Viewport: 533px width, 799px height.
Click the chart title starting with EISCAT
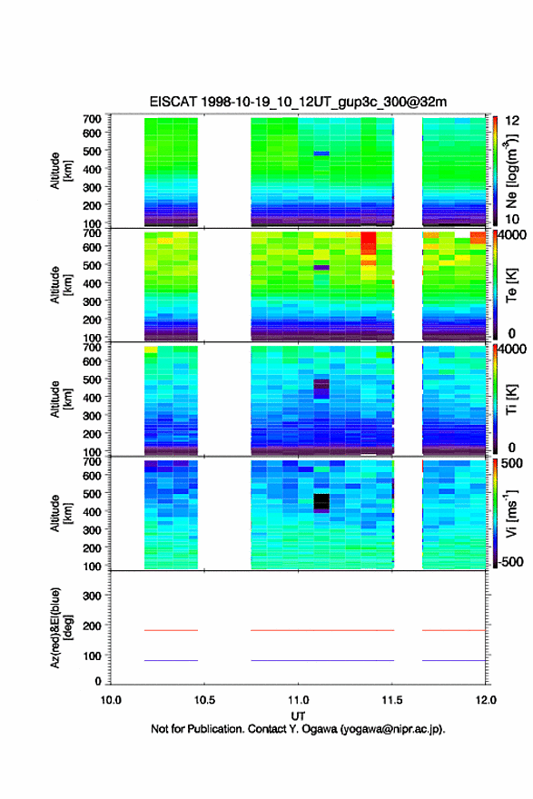(298, 102)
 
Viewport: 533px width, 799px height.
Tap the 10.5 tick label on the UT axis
(204, 700)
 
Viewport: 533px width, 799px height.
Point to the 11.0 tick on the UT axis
(298, 700)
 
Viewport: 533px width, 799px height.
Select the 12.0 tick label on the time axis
(486, 700)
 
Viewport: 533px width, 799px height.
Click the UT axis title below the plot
(298, 716)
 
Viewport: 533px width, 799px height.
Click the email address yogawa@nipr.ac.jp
(391, 729)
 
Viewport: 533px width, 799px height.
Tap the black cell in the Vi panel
(321, 502)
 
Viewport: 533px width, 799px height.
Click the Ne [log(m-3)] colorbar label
(511, 172)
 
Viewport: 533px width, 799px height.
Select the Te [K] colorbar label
(511, 285)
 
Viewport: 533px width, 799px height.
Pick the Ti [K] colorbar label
(511, 399)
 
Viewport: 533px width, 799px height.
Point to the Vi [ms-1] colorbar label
(511, 514)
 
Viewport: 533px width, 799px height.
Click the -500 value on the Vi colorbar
(510, 561)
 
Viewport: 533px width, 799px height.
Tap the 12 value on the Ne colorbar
(512, 121)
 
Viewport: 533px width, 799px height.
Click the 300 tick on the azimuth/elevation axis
(92, 596)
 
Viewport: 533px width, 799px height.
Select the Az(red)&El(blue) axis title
(61, 627)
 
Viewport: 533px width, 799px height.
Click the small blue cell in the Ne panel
(321, 153)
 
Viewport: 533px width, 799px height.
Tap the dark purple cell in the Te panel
(321, 267)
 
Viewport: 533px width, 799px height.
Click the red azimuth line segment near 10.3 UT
(171, 630)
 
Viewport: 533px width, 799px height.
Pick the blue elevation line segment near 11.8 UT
(454, 660)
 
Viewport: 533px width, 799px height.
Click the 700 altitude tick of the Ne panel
(92, 119)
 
